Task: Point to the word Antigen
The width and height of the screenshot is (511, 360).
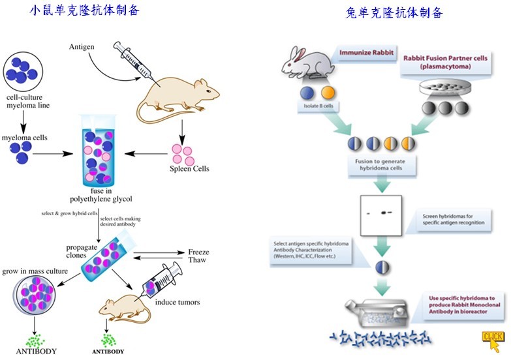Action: (x=83, y=47)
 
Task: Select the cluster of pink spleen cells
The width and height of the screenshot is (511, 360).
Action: (x=182, y=155)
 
